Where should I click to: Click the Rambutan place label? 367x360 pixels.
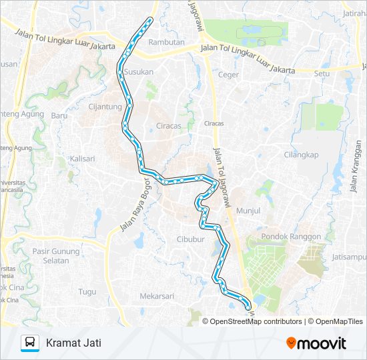[x=166, y=42]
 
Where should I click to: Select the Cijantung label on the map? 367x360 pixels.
[x=105, y=106]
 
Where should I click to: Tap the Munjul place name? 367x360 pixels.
[x=248, y=210]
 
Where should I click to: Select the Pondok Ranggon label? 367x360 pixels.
[x=291, y=237]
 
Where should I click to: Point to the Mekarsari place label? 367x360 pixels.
[x=157, y=296]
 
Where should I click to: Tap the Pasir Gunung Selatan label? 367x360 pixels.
[x=59, y=256]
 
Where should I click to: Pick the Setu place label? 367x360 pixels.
[x=322, y=74]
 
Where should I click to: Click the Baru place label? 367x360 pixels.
[x=60, y=115]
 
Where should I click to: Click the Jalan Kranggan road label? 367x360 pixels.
[x=354, y=166]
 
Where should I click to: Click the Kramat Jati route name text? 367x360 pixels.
[x=70, y=343]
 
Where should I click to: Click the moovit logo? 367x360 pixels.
[x=316, y=343]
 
